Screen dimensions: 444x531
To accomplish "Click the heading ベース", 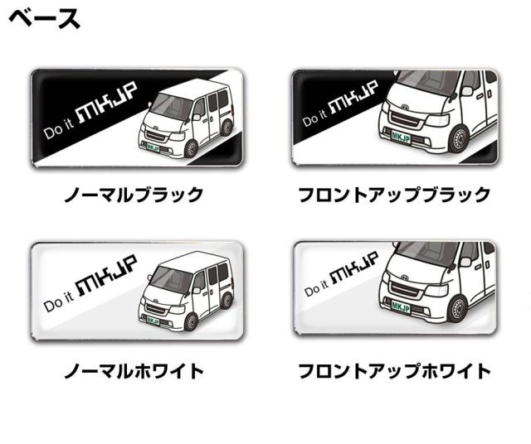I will coord(46,18).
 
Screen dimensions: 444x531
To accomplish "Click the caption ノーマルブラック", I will coord(134,195).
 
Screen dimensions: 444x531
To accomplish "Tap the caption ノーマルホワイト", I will coord(134,370).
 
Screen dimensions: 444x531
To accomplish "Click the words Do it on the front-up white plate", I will coord(316,290).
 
